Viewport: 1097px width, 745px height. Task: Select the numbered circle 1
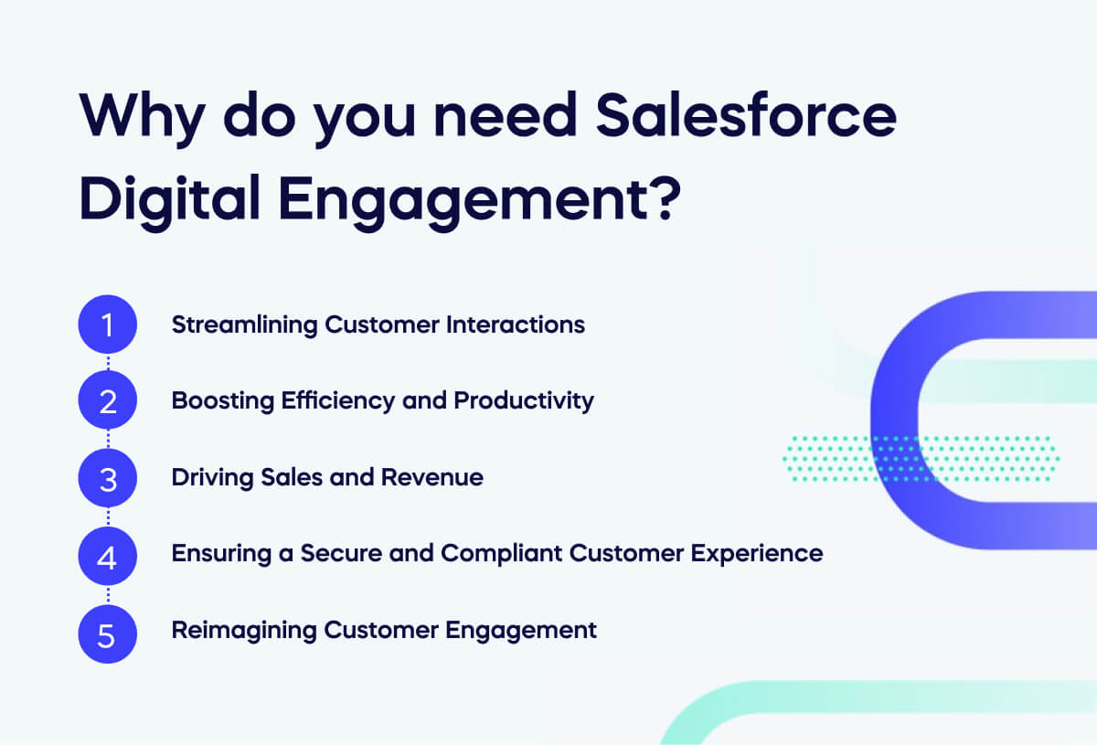[108, 325]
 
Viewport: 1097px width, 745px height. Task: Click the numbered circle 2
[108, 400]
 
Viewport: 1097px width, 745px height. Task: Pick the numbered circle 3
[108, 477]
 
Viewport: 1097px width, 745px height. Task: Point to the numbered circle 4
[108, 554]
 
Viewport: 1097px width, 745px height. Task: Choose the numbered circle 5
[108, 631]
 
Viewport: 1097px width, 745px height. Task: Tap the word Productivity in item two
[524, 401]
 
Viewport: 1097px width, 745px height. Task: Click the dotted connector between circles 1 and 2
[108, 363]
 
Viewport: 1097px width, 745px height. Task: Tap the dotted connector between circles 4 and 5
[108, 592]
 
